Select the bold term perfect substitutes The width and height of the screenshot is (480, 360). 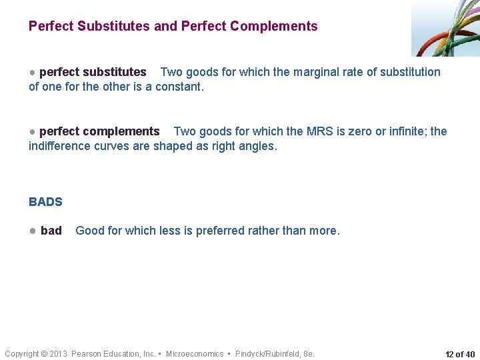93,72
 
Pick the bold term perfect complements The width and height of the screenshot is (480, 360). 99,131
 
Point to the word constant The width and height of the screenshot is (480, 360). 179,86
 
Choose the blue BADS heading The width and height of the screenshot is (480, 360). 45,201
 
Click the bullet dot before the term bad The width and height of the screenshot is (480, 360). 32,231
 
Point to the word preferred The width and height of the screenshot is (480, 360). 216,231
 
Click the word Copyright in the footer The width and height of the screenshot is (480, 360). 22,353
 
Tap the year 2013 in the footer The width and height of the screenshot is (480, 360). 59,353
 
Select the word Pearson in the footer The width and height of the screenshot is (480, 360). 87,353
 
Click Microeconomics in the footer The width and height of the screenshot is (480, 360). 195,353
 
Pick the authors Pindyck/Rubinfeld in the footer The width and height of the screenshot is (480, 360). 268,353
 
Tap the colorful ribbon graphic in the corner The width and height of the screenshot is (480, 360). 445,28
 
